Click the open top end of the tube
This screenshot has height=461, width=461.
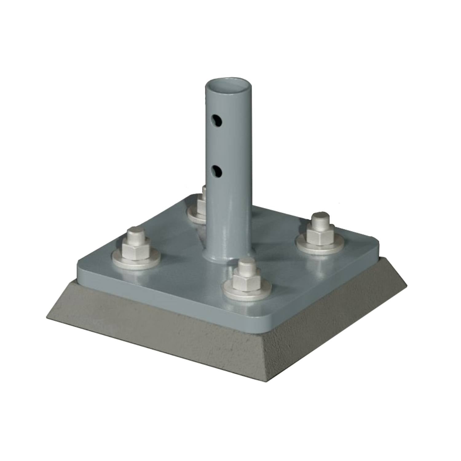tap(229, 85)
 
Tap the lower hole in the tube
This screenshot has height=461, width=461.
tap(217, 171)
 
